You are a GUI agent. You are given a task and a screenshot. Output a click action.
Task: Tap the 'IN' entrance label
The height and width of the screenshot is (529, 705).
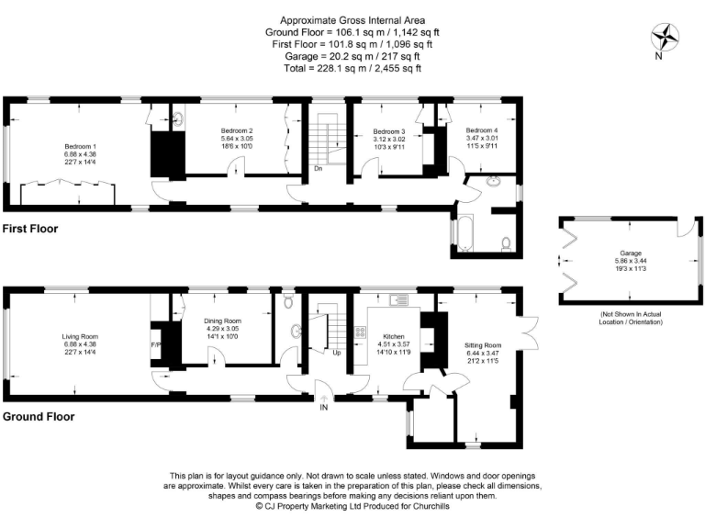tap(323, 409)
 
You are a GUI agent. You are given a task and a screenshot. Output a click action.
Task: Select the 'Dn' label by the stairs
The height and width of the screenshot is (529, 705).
tap(318, 168)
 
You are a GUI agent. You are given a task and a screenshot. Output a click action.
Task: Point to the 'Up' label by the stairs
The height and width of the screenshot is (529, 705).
tap(337, 352)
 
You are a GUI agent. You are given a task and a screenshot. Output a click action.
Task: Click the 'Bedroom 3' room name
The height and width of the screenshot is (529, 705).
tap(388, 132)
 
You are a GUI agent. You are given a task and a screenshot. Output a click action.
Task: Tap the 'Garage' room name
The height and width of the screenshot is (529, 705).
tap(630, 252)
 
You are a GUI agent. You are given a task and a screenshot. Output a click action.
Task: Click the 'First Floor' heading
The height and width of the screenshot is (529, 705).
tap(30, 228)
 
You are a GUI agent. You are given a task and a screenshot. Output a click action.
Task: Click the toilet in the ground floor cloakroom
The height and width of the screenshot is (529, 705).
tap(288, 300)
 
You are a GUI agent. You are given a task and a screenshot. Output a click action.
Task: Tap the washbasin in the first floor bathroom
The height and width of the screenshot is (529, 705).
tap(494, 180)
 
